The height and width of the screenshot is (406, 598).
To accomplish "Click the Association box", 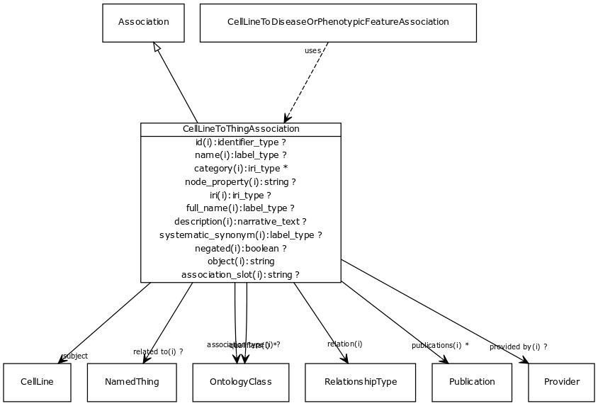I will tap(143, 22).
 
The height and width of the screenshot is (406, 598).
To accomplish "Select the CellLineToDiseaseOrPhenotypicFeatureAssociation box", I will tap(338, 22).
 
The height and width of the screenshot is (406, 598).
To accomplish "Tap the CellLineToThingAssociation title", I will tap(241, 129).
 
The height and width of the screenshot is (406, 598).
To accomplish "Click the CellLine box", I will tap(37, 382).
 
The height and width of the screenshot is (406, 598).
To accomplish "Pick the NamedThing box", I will tap(132, 382).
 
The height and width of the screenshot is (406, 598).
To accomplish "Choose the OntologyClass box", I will tap(240, 382).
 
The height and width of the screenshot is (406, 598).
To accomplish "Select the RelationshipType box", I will tap(361, 382).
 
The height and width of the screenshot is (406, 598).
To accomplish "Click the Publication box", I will tap(472, 382).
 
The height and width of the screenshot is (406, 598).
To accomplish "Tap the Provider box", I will tap(562, 382).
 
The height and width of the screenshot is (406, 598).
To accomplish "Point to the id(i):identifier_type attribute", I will tap(241, 142).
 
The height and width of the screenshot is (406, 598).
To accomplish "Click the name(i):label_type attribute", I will tap(241, 155).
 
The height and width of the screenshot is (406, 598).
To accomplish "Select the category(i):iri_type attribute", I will tap(241, 169).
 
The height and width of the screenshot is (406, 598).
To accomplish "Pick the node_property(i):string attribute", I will tap(241, 182).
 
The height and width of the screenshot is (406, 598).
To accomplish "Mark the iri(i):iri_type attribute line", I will tap(241, 195).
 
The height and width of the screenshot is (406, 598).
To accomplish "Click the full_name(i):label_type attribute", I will tap(241, 208).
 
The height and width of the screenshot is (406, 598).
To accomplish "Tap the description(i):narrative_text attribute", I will tap(241, 222).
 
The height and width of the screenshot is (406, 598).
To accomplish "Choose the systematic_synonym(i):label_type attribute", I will tap(241, 235).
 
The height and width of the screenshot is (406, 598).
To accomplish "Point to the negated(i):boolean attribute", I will tap(241, 249).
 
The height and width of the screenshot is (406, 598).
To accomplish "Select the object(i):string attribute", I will tap(241, 261).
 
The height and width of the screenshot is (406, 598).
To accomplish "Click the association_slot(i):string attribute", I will tap(241, 275).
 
